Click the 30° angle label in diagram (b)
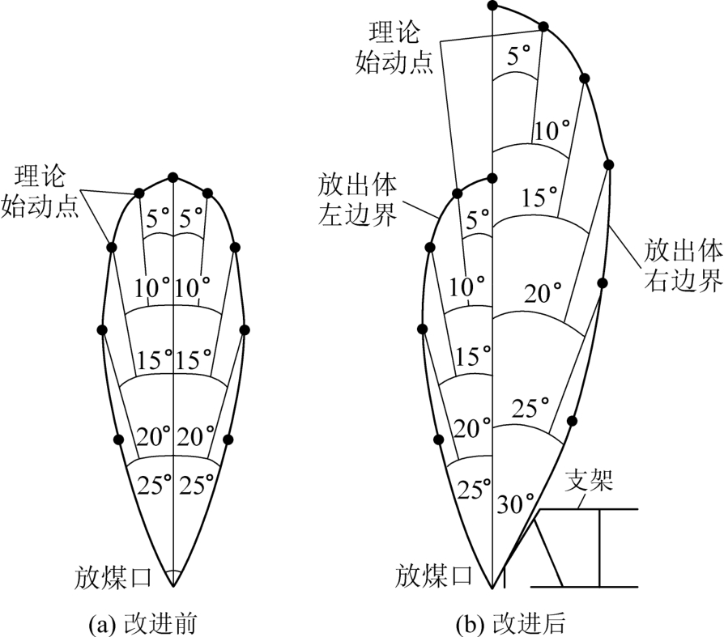point(515,503)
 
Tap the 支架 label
point(590,481)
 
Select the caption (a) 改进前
point(143,623)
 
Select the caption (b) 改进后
point(511,623)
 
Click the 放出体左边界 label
point(357,199)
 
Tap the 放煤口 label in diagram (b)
point(434,575)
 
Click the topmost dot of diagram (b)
point(492,6)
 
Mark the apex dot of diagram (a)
point(172,177)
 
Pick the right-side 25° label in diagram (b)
point(530,409)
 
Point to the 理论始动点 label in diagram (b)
point(394,47)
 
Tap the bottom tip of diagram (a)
point(172,586)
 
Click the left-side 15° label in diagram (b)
point(473,356)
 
